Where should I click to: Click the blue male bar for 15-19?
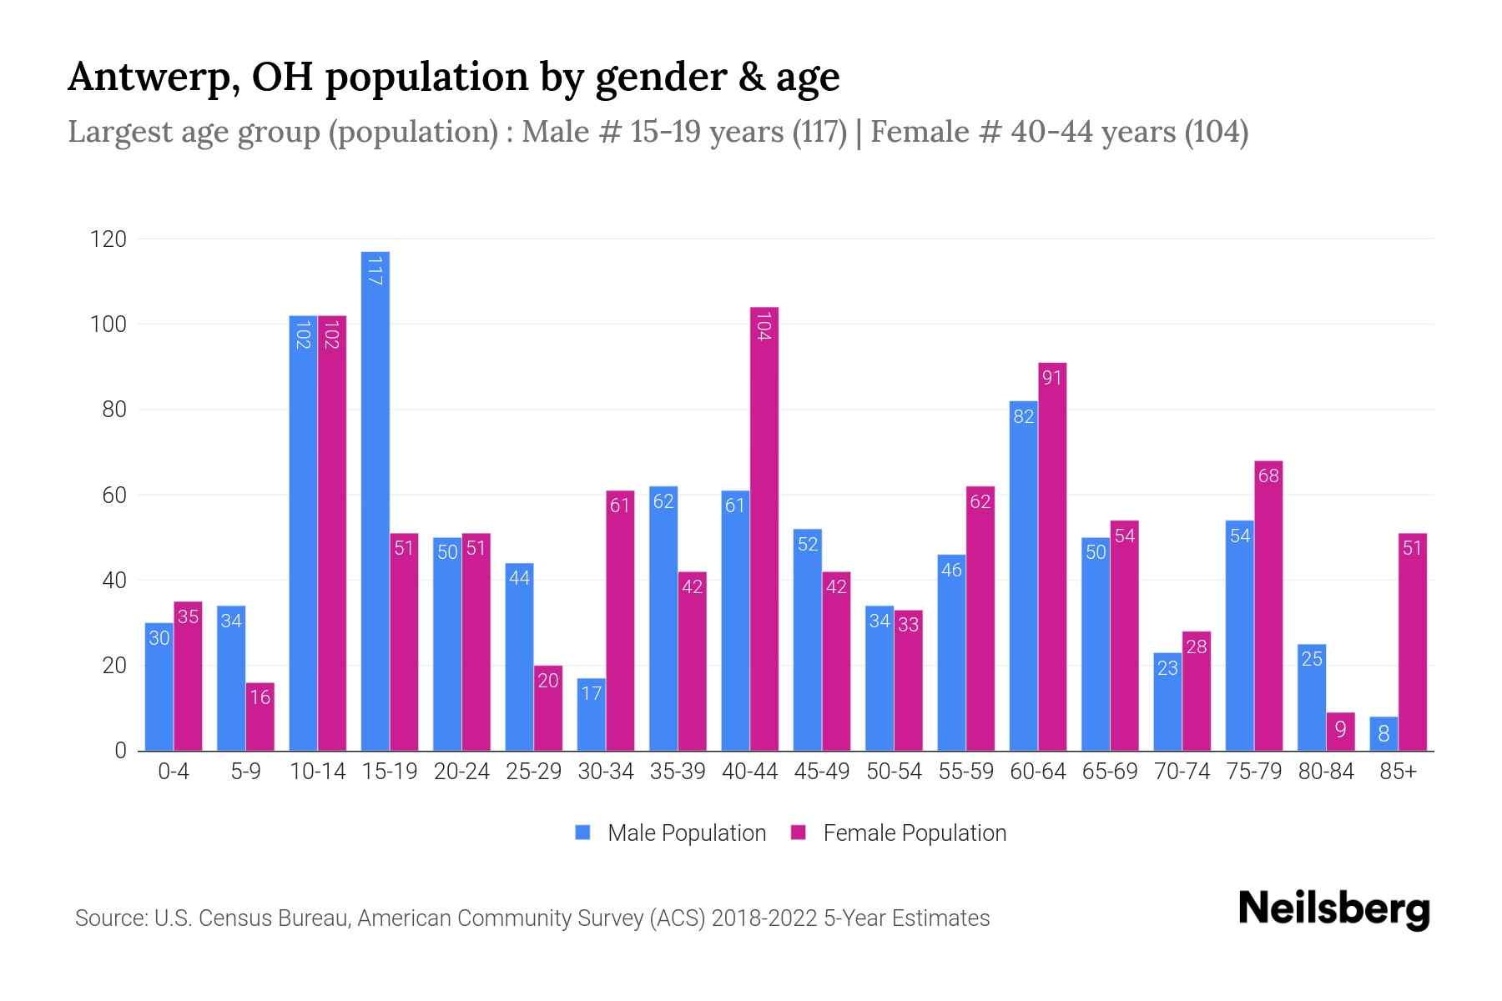(375, 500)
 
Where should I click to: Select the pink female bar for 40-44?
(764, 529)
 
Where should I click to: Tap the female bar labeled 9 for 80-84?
(1340, 732)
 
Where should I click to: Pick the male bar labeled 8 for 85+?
(1384, 734)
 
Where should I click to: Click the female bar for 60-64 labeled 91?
(1052, 556)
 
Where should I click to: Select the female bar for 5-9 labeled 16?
(260, 717)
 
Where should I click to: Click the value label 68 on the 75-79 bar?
(1268, 476)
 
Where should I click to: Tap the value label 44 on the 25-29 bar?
(519, 578)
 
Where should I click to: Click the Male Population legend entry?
(671, 833)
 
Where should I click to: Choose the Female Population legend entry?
(899, 833)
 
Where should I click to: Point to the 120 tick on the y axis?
(108, 239)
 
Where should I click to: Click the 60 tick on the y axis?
(114, 495)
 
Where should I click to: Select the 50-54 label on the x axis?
(894, 772)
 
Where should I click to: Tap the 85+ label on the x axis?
(1398, 772)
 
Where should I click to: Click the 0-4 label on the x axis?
(174, 772)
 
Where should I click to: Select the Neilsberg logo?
(1333, 909)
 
